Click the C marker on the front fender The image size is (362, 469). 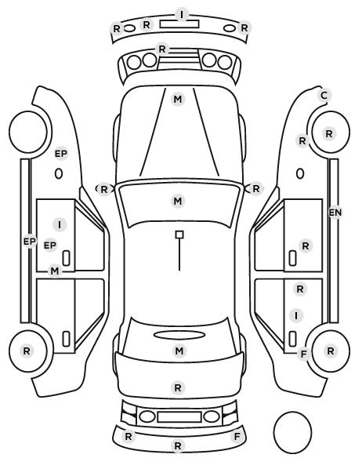tap(324, 96)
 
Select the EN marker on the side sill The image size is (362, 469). tap(335, 213)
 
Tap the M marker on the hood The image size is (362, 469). tap(178, 99)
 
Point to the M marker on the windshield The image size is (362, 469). tap(178, 201)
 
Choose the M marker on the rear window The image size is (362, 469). tap(179, 351)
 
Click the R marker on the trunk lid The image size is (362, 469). tap(178, 388)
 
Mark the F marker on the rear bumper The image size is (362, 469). tap(237, 437)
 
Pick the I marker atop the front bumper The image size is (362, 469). tap(182, 14)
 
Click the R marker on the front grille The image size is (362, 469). tap(162, 49)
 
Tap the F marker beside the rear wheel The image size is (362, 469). tap(303, 354)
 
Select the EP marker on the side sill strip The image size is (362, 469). tap(29, 241)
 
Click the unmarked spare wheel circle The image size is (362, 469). tap(292, 432)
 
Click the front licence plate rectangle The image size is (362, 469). tap(179, 24)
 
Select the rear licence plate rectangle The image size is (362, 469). tap(179, 416)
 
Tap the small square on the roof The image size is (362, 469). tap(179, 234)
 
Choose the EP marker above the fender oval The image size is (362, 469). tap(61, 154)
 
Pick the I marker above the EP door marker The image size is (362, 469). tap(60, 224)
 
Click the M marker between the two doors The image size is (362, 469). tap(54, 271)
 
